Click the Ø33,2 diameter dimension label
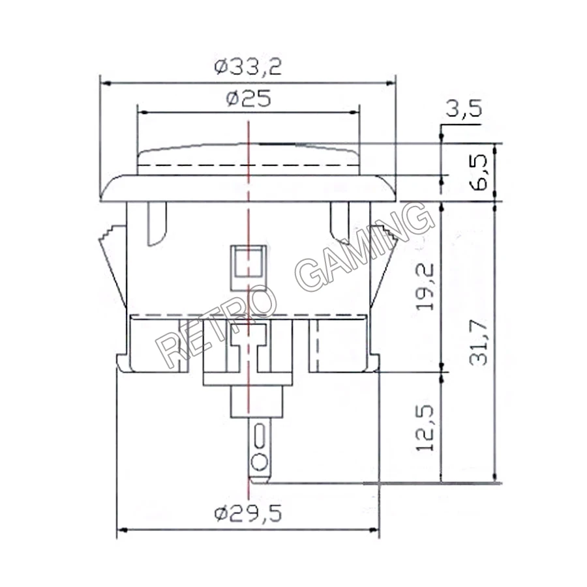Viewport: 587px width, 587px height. [248, 66]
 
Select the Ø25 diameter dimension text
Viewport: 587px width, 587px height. [248, 99]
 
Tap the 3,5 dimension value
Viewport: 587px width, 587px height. [464, 109]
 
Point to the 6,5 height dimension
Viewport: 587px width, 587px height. [479, 172]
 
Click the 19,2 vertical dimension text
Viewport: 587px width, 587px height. [425, 287]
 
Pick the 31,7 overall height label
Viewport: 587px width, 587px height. [479, 342]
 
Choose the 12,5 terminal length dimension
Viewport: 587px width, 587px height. [425, 427]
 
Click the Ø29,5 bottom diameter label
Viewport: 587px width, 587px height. [248, 513]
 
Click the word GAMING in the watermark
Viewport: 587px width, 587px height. [365, 247]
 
